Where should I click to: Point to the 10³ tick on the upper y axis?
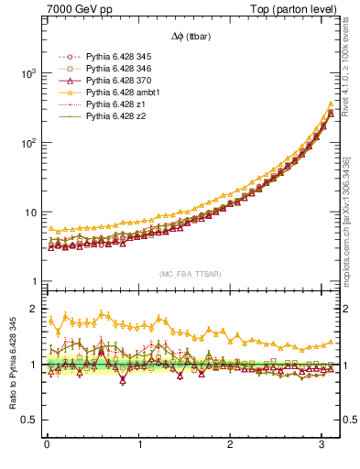27,73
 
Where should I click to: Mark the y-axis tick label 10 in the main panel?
30,213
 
